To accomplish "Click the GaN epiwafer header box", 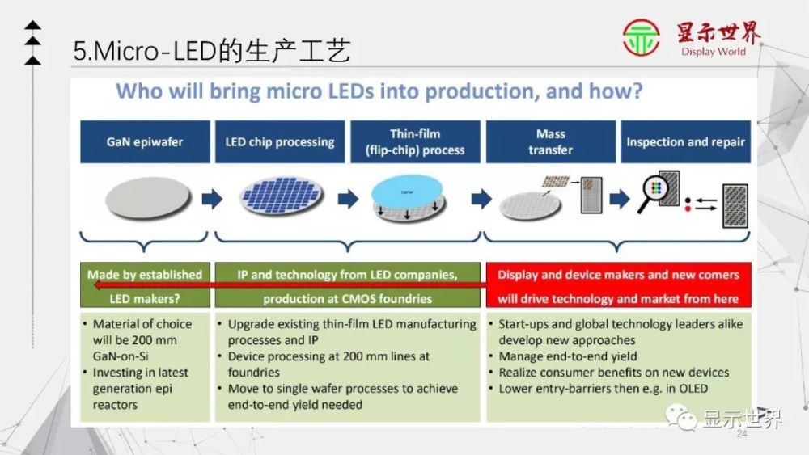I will (x=144, y=141).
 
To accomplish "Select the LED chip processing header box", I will (x=279, y=141).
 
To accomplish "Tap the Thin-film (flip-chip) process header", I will (x=416, y=141).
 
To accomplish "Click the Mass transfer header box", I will (x=550, y=141).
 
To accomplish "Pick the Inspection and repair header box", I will (x=685, y=141).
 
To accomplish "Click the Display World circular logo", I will (x=641, y=38).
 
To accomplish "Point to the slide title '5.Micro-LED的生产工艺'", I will (x=212, y=52).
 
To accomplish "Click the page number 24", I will (x=741, y=434).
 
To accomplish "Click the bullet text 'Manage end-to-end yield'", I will (x=568, y=356).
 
